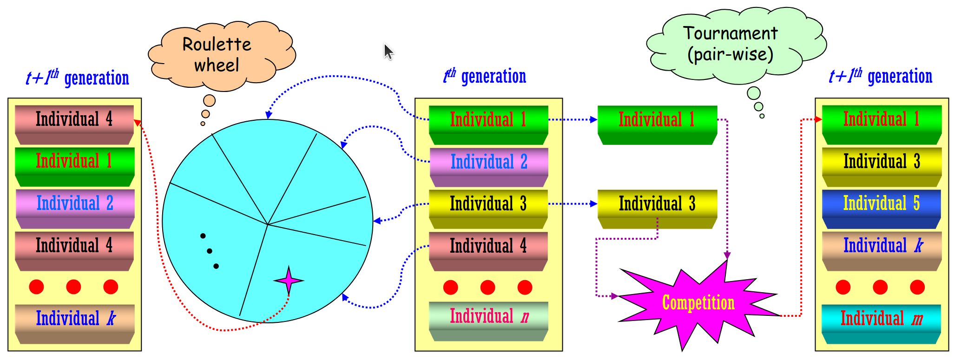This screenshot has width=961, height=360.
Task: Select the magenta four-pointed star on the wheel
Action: tap(289, 280)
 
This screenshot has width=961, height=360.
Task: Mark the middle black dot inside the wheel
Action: tap(210, 251)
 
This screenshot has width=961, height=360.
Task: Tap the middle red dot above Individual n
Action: tap(487, 288)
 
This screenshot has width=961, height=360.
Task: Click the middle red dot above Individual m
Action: tap(880, 287)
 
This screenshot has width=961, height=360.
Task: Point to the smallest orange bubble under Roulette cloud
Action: tap(203, 124)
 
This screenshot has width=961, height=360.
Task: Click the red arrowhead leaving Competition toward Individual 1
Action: tap(818, 119)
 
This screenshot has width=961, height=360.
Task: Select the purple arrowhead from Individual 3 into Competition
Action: tap(614, 295)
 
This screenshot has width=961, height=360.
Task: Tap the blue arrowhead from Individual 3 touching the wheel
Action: tap(377, 221)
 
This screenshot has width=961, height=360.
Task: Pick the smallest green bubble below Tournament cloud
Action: tap(762, 116)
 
